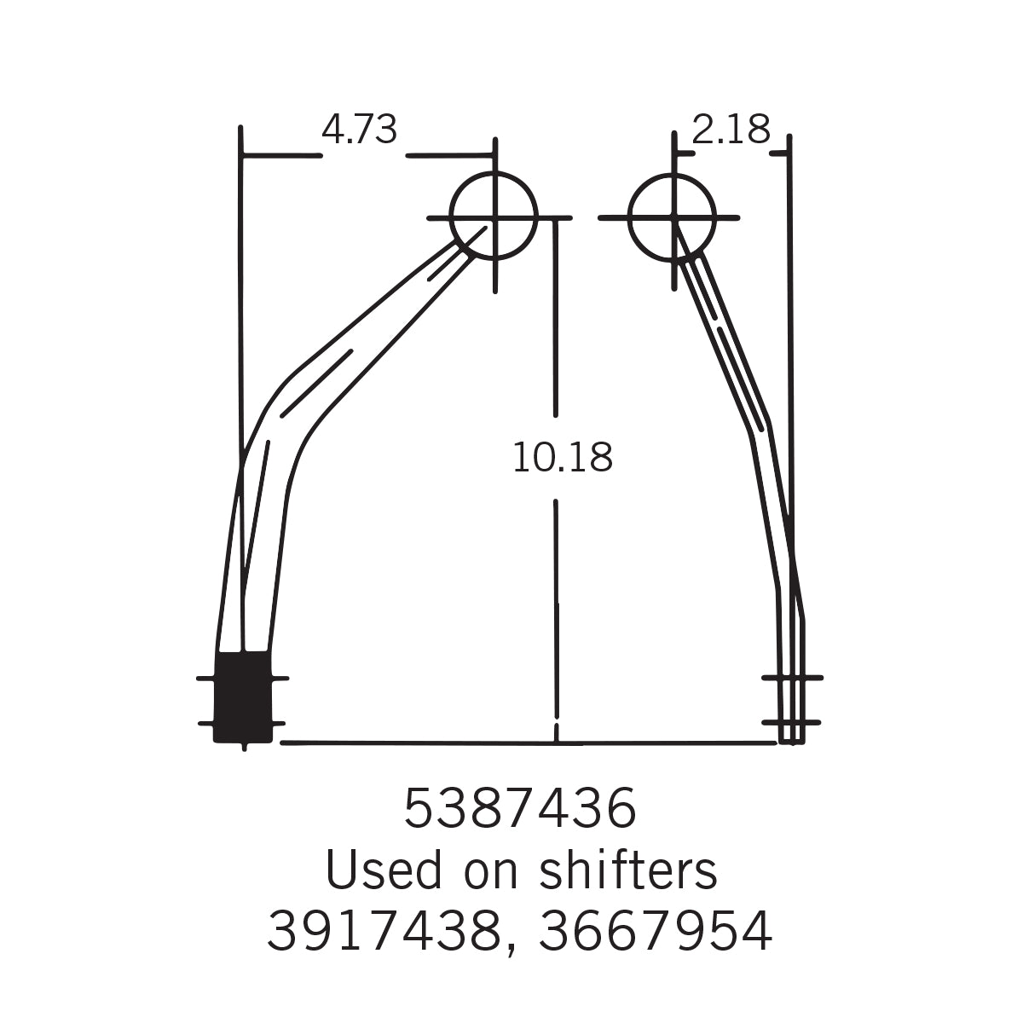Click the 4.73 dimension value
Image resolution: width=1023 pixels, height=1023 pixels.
[x=360, y=130]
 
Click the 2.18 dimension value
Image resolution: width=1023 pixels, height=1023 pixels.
[x=731, y=130]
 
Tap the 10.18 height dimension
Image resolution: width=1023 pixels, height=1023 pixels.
[x=563, y=457]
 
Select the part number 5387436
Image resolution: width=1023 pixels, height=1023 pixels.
[x=520, y=808]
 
